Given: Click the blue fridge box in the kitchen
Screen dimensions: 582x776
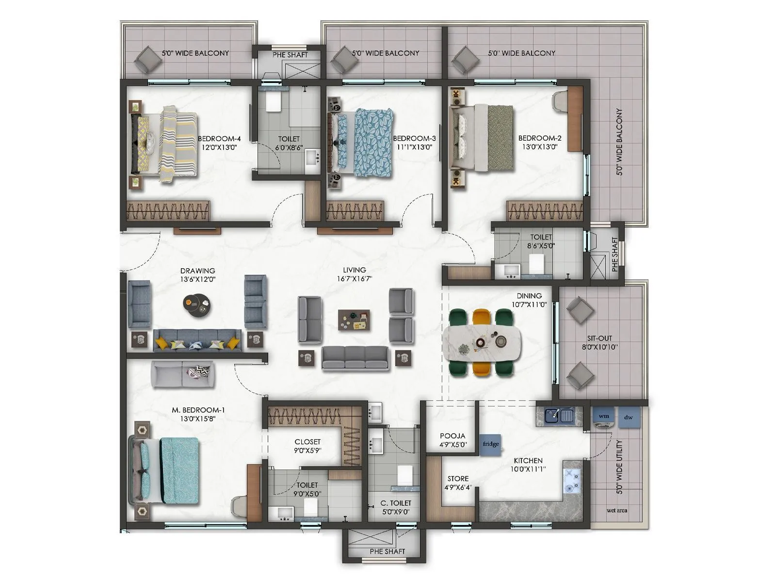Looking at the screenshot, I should point(490,444).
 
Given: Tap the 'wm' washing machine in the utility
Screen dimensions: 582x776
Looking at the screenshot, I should point(603,416).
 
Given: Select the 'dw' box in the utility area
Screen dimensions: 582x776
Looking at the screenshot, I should point(628,417).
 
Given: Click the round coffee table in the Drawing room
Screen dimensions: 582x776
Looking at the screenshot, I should point(196,305).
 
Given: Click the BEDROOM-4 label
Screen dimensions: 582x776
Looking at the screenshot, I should point(219,139).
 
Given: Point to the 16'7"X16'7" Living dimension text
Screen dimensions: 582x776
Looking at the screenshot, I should point(355,279).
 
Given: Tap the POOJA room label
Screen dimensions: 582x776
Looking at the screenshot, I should point(453,436).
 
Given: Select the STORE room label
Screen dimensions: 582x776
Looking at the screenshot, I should point(457,479).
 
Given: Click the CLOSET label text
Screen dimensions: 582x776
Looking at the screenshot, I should point(307,442).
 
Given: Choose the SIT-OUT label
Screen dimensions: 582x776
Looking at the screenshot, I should point(599,339).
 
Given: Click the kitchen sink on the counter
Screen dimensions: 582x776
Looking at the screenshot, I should point(559,416).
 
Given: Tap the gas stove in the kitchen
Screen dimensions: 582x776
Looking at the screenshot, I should point(572,481).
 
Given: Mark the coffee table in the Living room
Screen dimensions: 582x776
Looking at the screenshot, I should point(354,321).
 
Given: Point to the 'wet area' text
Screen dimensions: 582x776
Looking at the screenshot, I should point(616,510).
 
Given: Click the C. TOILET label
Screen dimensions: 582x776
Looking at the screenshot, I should point(395,503).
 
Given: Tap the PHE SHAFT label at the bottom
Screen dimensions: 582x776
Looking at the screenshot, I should point(387,551).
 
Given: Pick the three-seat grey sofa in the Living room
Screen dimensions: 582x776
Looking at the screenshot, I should point(356,358).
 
